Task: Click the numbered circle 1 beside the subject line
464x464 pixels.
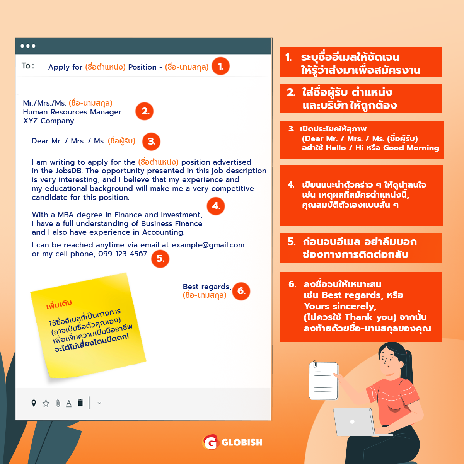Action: point(220,66)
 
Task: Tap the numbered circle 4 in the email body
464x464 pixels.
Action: point(215,206)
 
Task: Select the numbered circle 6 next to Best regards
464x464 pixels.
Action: point(241,291)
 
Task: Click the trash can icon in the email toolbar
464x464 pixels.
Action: point(80,403)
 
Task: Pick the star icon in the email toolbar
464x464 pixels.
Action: point(46,403)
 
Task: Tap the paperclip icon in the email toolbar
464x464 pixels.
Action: point(58,403)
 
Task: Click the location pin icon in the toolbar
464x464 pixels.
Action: point(34,403)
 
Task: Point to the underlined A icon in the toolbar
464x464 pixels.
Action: point(68,403)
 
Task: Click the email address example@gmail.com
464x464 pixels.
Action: point(208,245)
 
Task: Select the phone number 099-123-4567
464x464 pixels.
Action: point(123,254)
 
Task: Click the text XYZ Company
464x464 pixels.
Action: point(48,121)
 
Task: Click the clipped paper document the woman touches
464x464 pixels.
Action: point(323,380)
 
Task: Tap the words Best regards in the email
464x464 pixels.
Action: point(207,287)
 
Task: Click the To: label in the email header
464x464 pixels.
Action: point(28,65)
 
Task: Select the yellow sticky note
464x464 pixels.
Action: point(88,325)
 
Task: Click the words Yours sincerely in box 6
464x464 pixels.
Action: point(340,306)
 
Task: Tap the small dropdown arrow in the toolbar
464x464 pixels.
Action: point(99,403)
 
